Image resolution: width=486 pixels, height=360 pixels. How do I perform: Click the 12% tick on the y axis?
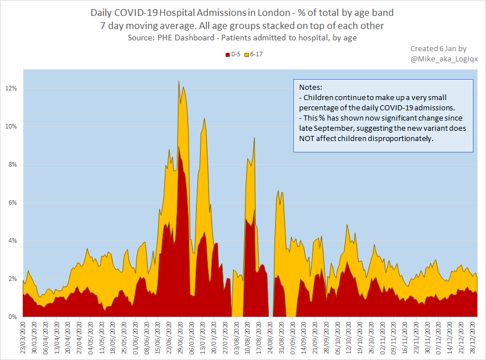click(x=11, y=89)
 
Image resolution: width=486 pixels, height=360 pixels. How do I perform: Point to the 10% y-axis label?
click(x=11, y=127)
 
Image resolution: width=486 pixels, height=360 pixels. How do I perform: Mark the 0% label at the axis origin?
click(x=13, y=317)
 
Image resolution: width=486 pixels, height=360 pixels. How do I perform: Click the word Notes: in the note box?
click(x=310, y=88)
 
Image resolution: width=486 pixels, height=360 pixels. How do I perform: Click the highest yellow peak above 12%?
click(x=178, y=81)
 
